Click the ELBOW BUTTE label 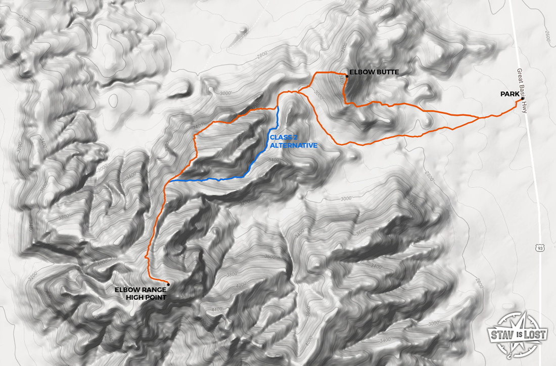[x=374, y=72]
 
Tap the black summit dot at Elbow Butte [x=346, y=77]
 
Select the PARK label [x=510, y=94]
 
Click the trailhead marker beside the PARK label [x=523, y=98]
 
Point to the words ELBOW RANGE [x=140, y=290]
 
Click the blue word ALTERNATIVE [x=293, y=146]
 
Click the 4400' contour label [x=218, y=309]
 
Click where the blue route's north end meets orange [x=278, y=108]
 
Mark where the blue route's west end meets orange [x=169, y=181]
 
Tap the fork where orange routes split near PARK [x=479, y=118]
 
